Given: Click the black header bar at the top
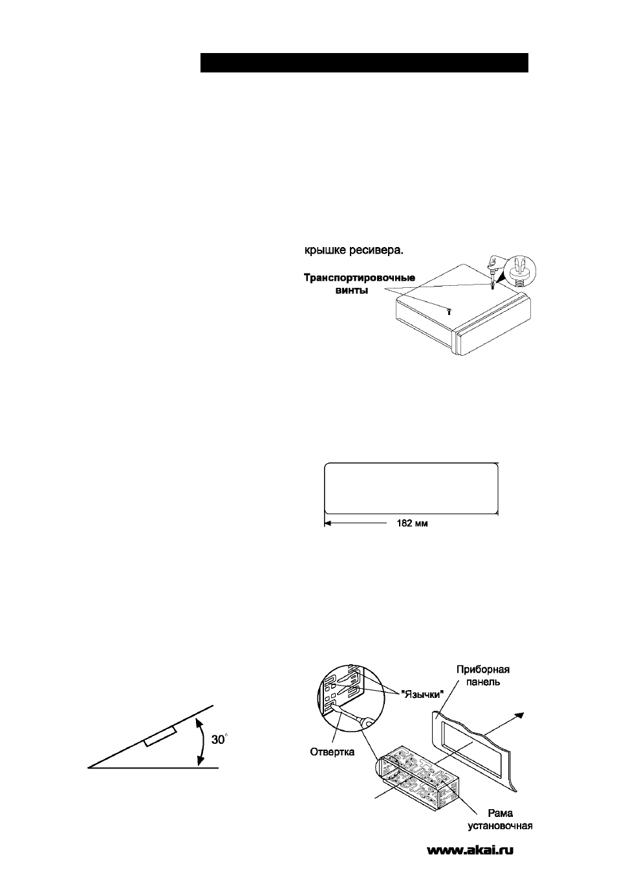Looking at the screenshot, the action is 364,63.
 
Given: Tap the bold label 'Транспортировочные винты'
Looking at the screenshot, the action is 360,284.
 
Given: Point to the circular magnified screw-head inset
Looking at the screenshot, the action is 521,272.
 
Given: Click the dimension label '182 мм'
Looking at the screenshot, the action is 412,523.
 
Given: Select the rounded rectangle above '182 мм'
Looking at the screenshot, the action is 411,488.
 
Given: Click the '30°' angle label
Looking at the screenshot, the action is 219,739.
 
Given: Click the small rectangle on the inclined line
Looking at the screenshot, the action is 160,736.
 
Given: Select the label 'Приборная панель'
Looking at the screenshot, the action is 482,675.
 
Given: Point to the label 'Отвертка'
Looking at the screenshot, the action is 332,752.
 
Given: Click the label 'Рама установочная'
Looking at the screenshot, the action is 500,819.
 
